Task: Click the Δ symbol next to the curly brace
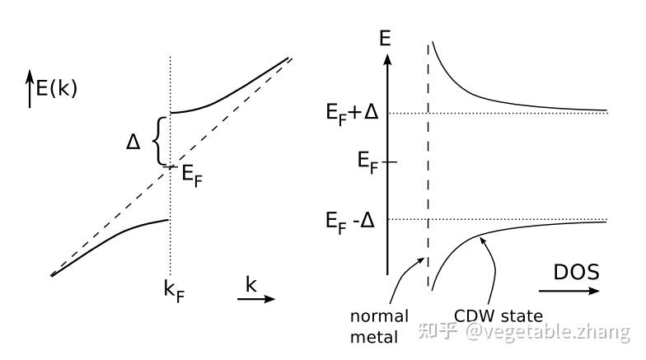133,142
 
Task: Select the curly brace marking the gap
159,141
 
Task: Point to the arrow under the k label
256,299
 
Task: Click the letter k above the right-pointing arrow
250,283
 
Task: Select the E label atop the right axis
384,38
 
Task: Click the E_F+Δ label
352,112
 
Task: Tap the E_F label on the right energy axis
369,161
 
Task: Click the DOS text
576,272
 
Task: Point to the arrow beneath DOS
570,291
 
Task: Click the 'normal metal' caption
379,325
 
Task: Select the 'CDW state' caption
499,316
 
